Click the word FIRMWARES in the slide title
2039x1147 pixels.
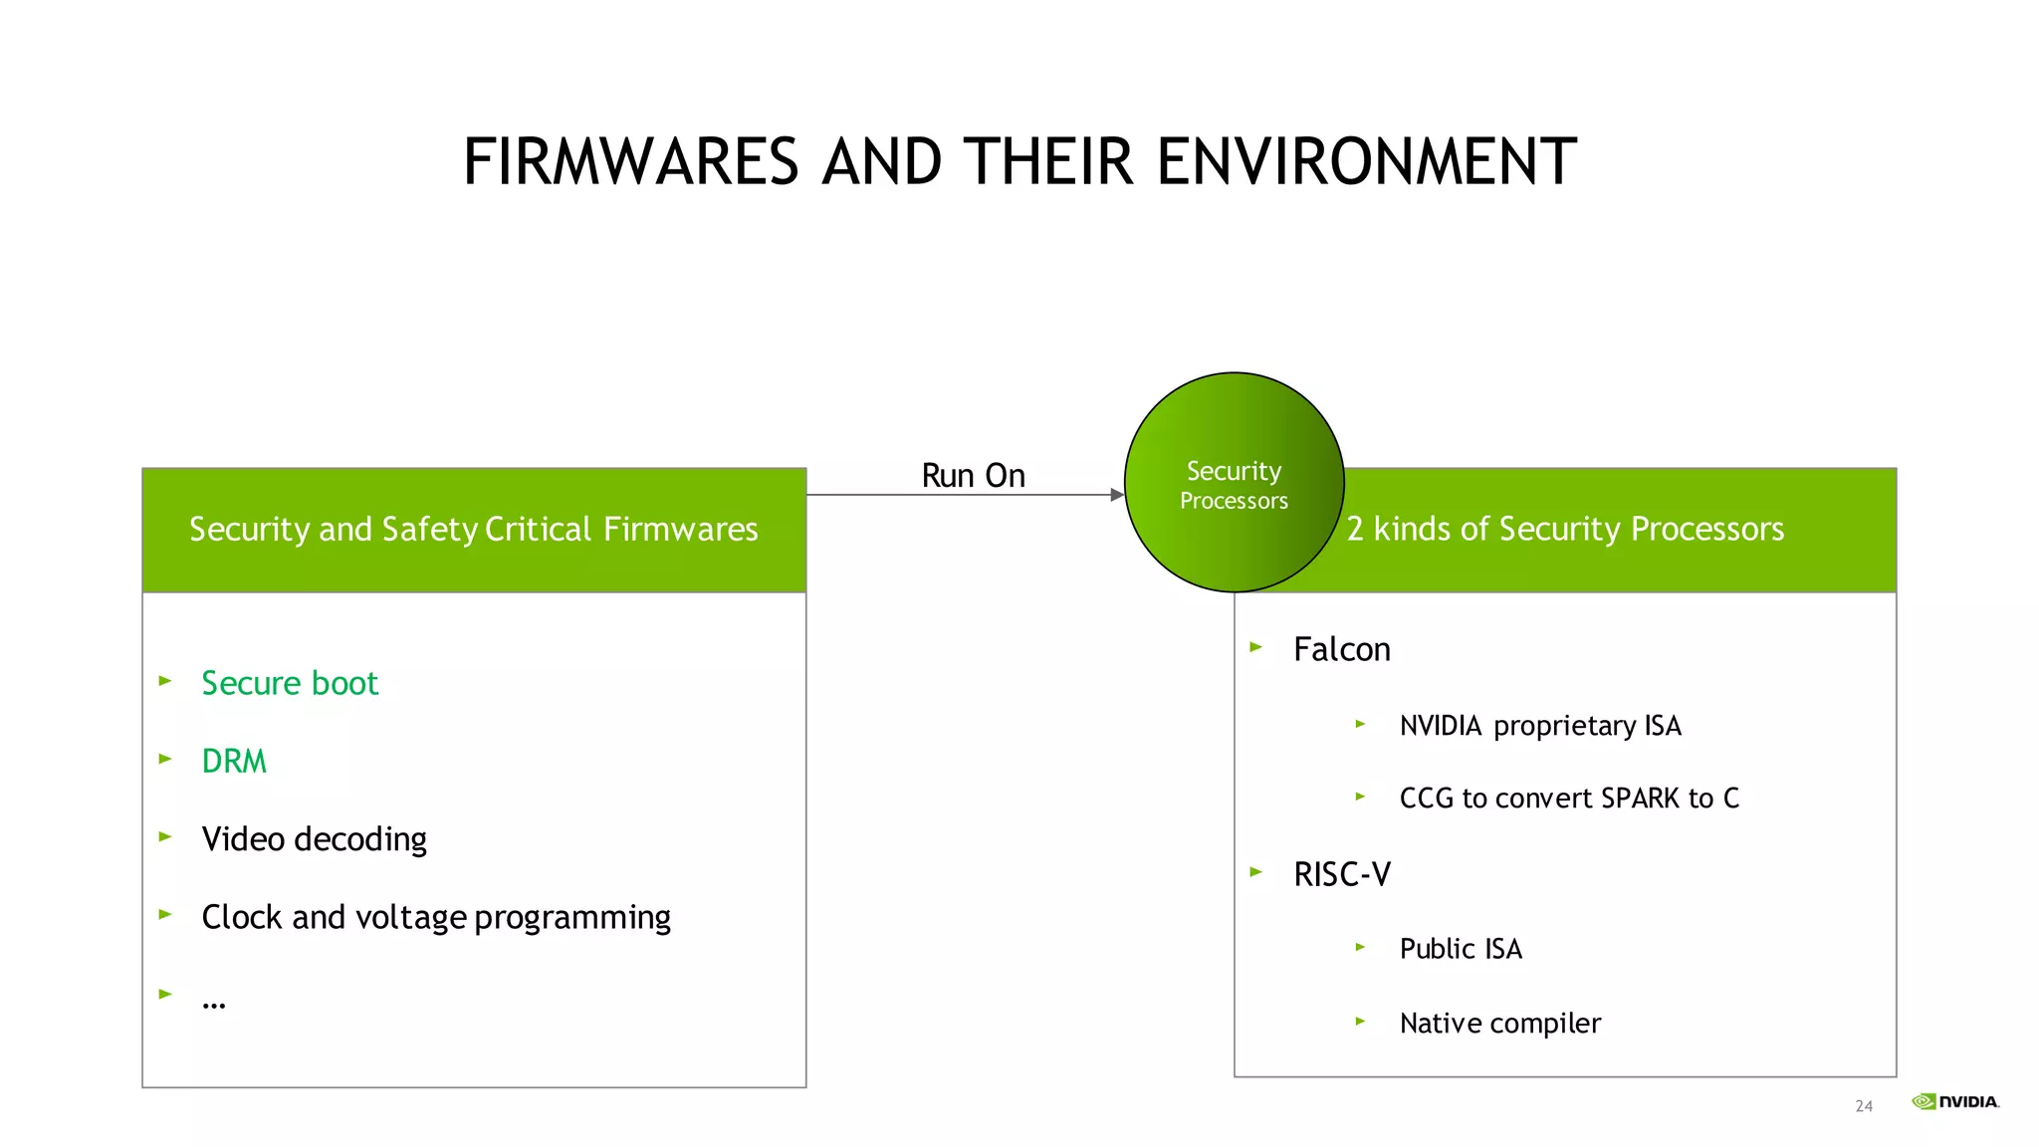pos(631,162)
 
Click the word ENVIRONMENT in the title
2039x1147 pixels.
pos(1366,162)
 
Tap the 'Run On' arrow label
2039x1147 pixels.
pos(973,476)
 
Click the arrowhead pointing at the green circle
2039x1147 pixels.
pos(1117,495)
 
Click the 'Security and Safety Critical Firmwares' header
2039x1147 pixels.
pos(474,530)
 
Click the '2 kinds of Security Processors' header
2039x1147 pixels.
pos(1565,530)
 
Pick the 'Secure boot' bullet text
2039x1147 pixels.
pos(290,684)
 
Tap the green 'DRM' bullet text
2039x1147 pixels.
pos(234,762)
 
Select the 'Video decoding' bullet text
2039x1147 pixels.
pos(314,839)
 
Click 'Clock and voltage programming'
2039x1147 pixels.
pos(436,917)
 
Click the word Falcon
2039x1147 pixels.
pos(1341,650)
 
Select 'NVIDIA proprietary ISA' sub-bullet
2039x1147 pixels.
pos(1540,726)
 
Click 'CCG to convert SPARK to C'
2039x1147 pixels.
pos(1569,799)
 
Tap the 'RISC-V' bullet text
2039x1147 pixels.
pos(1341,875)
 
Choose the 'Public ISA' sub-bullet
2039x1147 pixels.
pos(1461,949)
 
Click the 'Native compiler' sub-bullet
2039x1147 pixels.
pos(1500,1024)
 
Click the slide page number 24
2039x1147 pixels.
pos(1864,1106)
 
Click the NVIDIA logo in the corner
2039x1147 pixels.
pos(1955,1101)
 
